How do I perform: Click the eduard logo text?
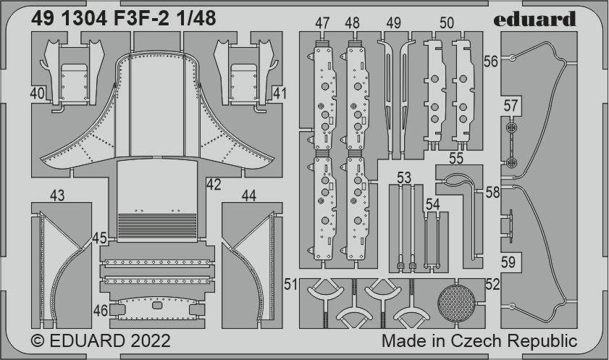534,19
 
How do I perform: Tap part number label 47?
322,23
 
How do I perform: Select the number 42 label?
214,185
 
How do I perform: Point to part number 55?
456,158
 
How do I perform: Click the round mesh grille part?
456,304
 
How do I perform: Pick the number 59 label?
508,262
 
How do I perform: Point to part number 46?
101,311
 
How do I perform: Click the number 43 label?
57,196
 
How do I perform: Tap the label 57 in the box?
511,106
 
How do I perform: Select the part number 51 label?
290,284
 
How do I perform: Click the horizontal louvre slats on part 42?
157,225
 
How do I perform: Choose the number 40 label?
37,93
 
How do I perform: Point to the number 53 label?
404,178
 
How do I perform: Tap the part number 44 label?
249,196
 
